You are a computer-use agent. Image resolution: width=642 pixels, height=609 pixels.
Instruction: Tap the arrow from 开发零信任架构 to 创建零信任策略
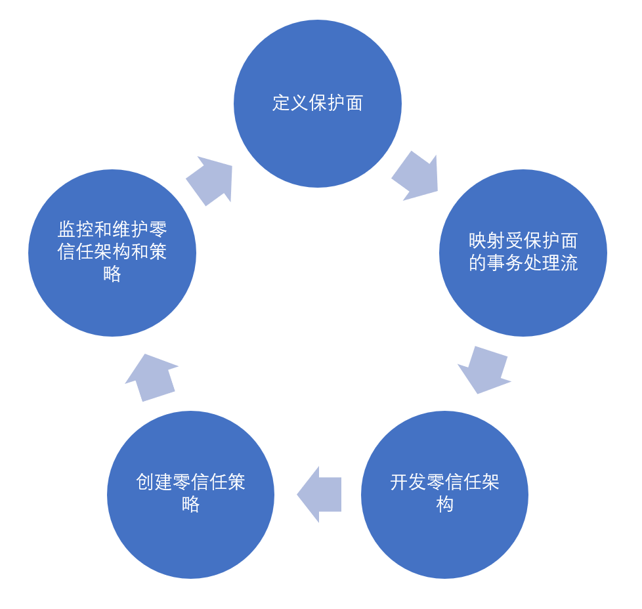click(x=320, y=494)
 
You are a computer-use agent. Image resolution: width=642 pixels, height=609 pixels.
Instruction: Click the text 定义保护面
click(x=318, y=103)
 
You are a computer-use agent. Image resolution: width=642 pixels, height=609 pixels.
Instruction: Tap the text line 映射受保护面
click(x=523, y=241)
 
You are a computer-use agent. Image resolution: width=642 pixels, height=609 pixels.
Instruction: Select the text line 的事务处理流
click(x=523, y=263)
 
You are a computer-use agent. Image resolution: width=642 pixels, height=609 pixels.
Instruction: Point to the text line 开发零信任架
click(x=444, y=482)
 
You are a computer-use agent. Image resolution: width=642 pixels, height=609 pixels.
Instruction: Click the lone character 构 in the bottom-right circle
click(x=444, y=505)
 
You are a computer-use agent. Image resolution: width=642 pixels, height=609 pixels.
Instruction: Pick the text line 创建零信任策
click(x=190, y=482)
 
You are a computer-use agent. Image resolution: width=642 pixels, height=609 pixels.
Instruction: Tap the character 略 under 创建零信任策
click(x=190, y=505)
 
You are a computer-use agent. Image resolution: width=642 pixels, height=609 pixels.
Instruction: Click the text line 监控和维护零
click(x=112, y=230)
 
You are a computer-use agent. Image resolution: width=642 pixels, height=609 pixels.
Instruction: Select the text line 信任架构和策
click(x=112, y=252)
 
